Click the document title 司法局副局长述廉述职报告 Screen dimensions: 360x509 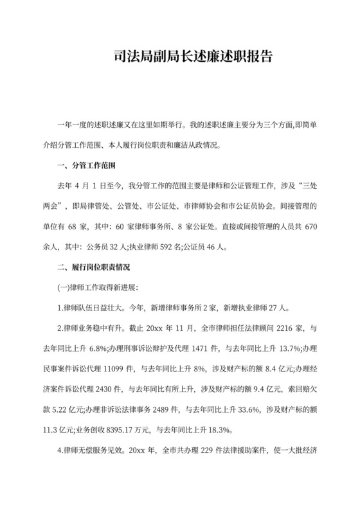pos(180,57)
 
